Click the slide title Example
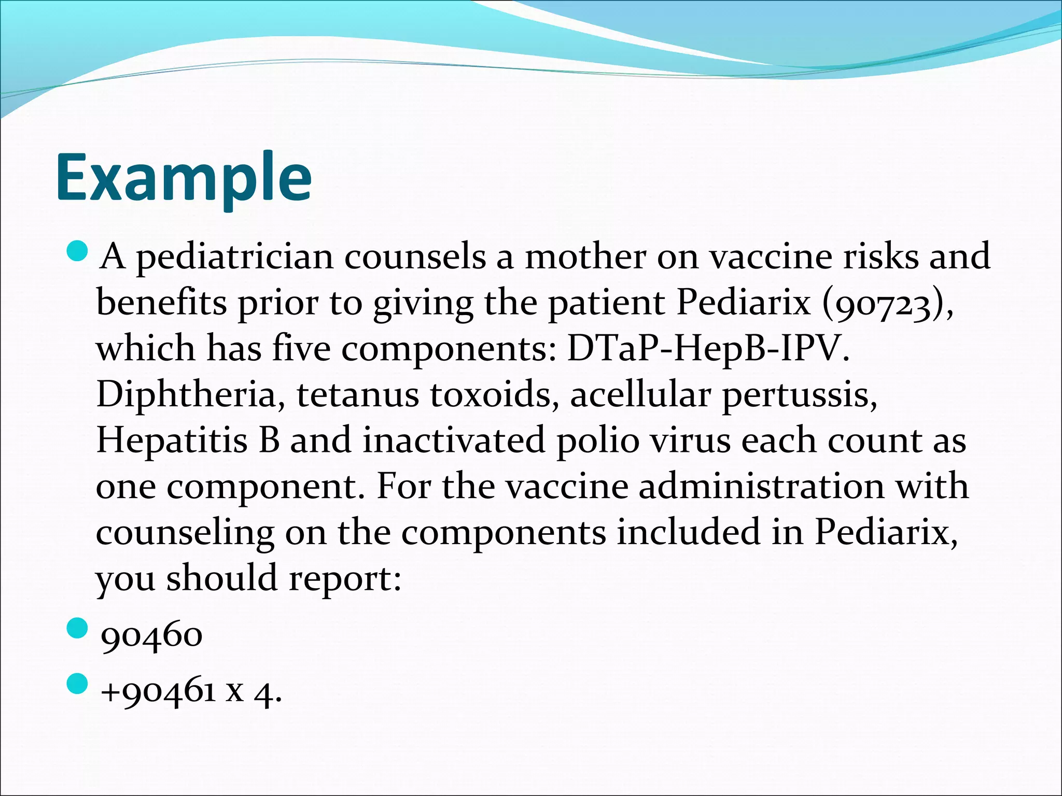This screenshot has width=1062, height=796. click(x=184, y=177)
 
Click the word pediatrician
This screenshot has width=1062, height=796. click(x=234, y=257)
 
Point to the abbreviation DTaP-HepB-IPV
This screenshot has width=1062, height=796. click(x=708, y=348)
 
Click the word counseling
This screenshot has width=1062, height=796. click(x=185, y=533)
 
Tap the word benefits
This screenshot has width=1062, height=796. click(x=161, y=302)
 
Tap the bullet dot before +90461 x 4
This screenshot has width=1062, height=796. click(x=78, y=685)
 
